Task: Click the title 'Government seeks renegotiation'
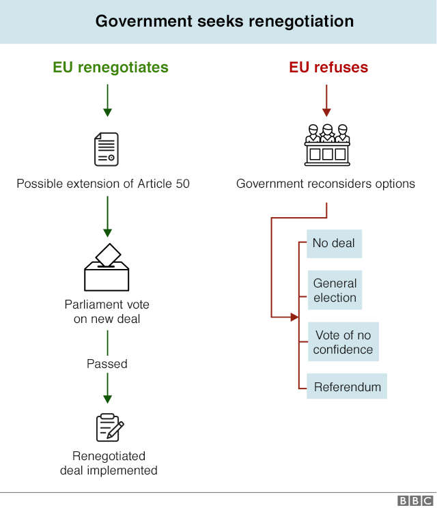pos(225,21)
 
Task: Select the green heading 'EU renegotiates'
pos(111,67)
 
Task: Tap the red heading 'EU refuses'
pos(328,67)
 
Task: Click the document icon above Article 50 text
pos(107,149)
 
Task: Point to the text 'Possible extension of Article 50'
pos(103,184)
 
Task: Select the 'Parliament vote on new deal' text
pos(107,311)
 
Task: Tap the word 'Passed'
pos(107,364)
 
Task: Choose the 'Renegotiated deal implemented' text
pos(109,463)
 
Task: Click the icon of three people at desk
pos(327,145)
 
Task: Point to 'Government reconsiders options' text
pos(326,184)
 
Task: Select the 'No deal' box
pos(334,243)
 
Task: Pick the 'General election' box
pos(335,290)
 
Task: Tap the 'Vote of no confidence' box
pos(343,342)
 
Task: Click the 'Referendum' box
pos(347,386)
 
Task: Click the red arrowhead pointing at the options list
pos(295,317)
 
